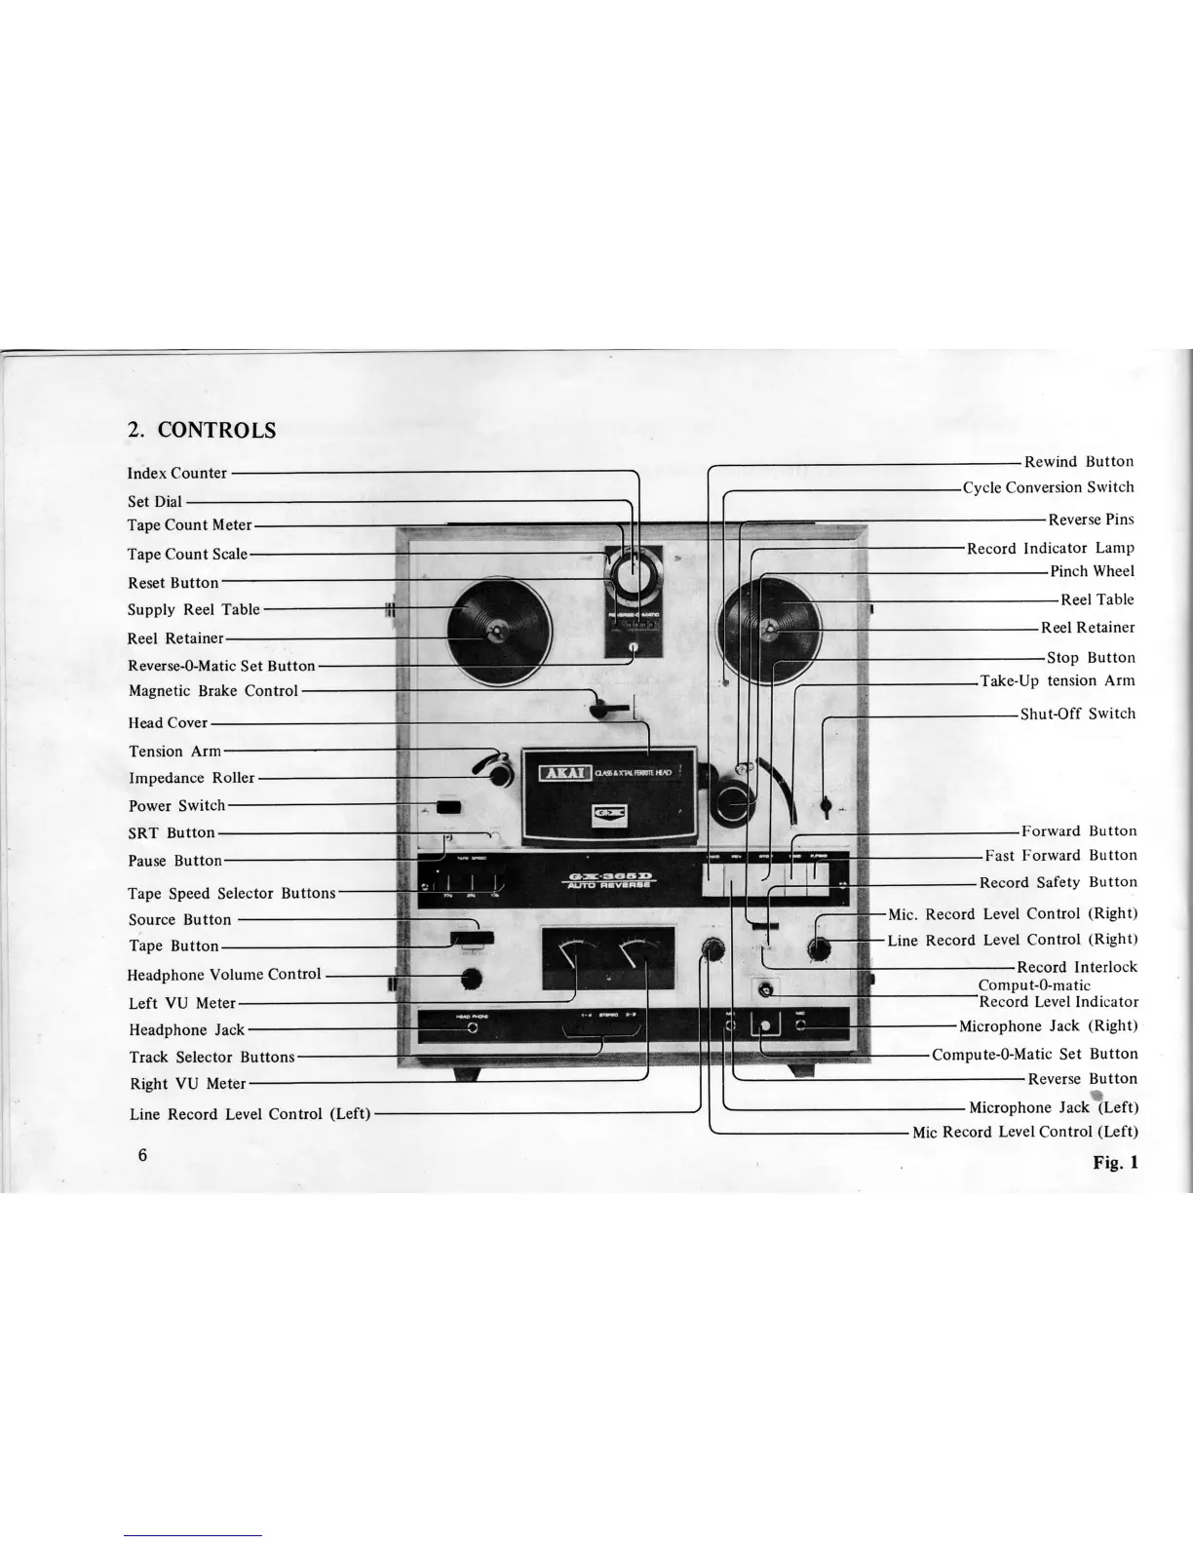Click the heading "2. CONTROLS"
(x=203, y=430)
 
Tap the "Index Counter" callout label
(x=177, y=474)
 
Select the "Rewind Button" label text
(x=1079, y=462)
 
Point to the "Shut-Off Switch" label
(x=1078, y=714)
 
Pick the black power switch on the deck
(x=448, y=807)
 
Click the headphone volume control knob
(x=473, y=978)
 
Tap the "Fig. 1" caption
(x=1115, y=1161)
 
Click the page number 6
(x=142, y=1156)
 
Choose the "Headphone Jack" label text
(x=187, y=1030)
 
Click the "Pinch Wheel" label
(x=1092, y=571)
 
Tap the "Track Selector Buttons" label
(x=212, y=1058)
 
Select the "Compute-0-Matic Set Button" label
(x=1034, y=1054)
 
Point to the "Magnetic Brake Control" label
(x=213, y=691)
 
